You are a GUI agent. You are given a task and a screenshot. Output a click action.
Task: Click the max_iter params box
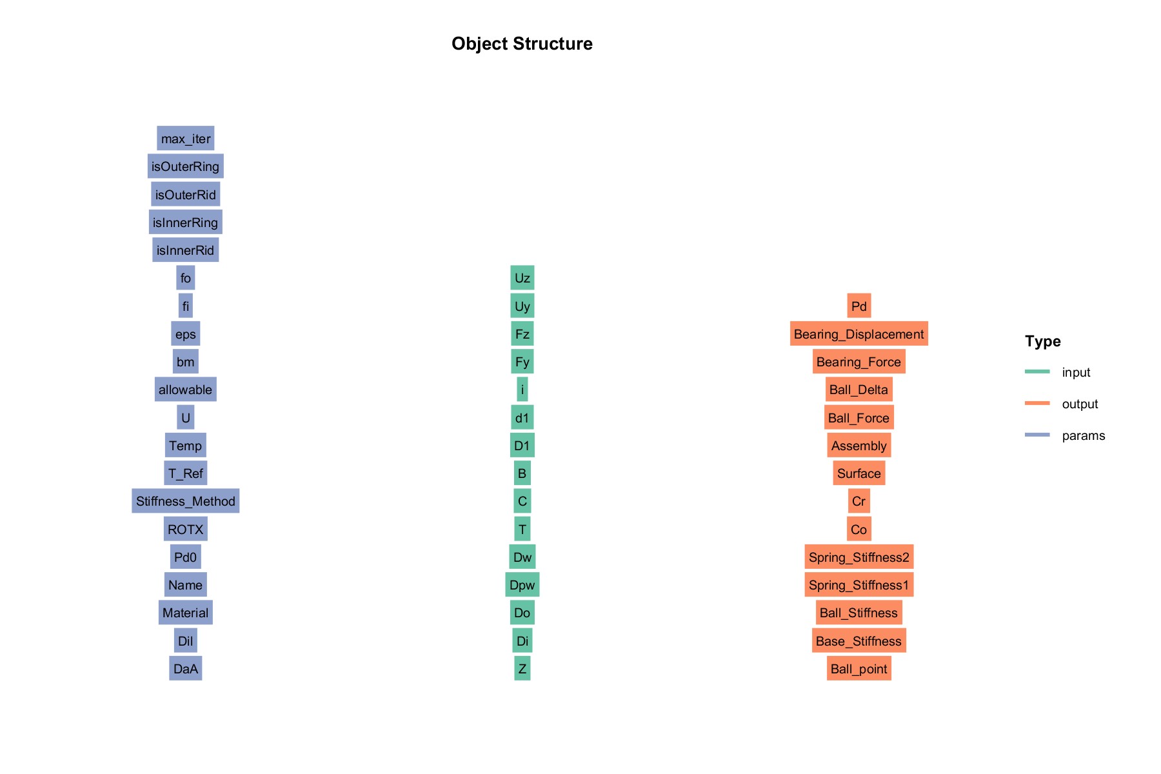pyautogui.click(x=186, y=139)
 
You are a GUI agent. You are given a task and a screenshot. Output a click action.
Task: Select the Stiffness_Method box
pyautogui.click(x=186, y=501)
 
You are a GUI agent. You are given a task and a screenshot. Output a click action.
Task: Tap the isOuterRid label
pyautogui.click(x=186, y=195)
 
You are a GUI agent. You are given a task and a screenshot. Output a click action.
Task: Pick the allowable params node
pyautogui.click(x=186, y=390)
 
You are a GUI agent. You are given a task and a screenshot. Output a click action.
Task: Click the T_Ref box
pyautogui.click(x=186, y=473)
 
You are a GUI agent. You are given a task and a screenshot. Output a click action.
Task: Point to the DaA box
pyautogui.click(x=186, y=669)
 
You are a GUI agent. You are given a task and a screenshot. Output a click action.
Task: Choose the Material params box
pyautogui.click(x=186, y=613)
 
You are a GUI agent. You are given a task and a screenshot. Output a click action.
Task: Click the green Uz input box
pyautogui.click(x=522, y=278)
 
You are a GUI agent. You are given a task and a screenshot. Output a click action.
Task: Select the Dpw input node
pyautogui.click(x=522, y=585)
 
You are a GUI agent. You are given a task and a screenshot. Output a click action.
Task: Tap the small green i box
pyautogui.click(x=522, y=390)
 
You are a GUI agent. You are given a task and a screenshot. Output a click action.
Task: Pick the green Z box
pyautogui.click(x=522, y=669)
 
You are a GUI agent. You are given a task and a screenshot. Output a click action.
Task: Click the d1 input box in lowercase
pyautogui.click(x=522, y=418)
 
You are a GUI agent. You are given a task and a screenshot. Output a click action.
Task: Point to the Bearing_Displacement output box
pyautogui.click(x=859, y=334)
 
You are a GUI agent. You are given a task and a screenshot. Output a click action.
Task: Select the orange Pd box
pyautogui.click(x=859, y=306)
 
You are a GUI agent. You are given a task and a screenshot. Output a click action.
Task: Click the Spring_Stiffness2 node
pyautogui.click(x=859, y=557)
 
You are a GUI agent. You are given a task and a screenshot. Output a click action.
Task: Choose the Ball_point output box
pyautogui.click(x=859, y=669)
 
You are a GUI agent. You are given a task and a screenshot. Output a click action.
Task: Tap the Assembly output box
pyautogui.click(x=859, y=446)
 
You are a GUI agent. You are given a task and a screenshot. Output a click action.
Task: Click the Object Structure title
pyautogui.click(x=522, y=44)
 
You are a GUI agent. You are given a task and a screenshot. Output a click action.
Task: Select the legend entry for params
pyautogui.click(x=1065, y=435)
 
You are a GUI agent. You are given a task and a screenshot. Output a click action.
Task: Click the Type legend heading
pyautogui.click(x=1043, y=341)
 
